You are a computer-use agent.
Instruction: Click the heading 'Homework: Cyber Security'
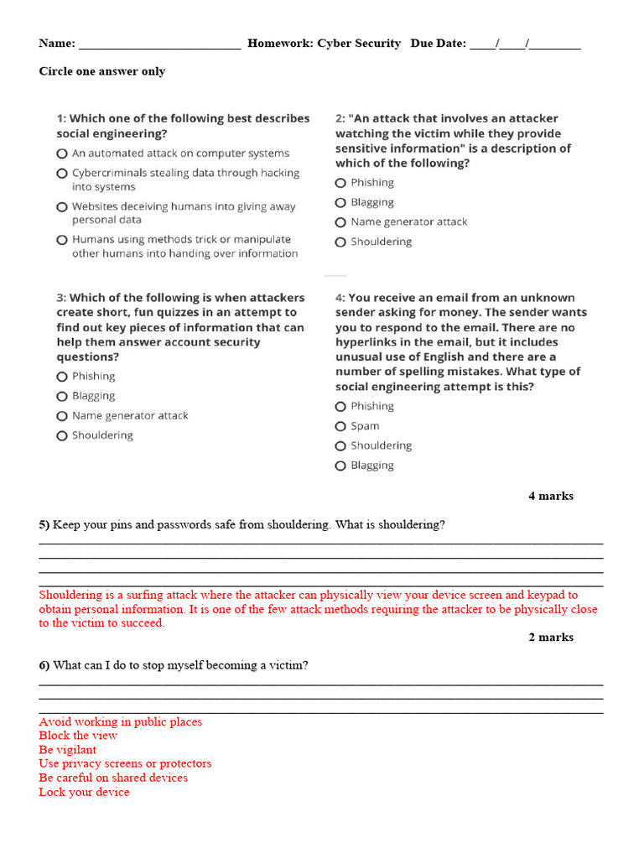click(324, 44)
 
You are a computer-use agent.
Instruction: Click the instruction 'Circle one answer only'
click(102, 71)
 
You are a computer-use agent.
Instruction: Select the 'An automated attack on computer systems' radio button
click(62, 154)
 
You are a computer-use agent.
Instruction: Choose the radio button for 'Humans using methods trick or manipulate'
click(62, 240)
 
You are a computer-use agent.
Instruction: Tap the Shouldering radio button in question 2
click(340, 242)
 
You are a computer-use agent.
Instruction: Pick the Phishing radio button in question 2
click(340, 183)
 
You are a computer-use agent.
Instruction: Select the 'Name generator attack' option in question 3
click(62, 416)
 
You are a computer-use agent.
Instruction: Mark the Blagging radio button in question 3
click(62, 397)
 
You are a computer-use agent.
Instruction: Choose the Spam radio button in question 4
click(340, 426)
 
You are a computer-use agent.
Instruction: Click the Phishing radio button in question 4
click(340, 407)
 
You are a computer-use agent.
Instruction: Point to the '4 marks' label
click(551, 496)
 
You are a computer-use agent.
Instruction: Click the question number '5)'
click(44, 524)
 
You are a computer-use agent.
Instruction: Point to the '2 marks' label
click(551, 637)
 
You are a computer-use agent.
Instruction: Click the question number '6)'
click(44, 665)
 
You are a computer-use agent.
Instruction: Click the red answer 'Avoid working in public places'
click(120, 721)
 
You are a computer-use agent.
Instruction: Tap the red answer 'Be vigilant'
click(67, 750)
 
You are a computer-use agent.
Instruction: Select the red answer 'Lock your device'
click(84, 792)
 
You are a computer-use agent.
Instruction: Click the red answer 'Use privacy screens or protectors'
click(125, 763)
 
